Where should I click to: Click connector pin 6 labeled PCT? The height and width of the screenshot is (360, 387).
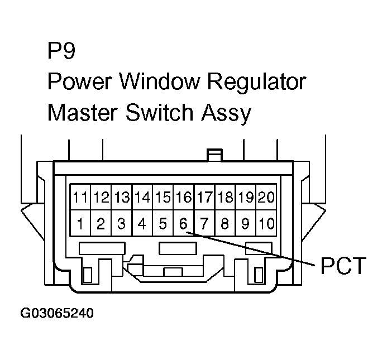tap(183, 224)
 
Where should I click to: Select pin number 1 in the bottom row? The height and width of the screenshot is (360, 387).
tap(80, 224)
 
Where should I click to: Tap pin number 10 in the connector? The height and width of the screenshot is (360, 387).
tap(267, 224)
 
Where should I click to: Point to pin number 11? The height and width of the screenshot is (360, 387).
tap(80, 197)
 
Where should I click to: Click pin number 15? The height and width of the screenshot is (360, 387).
tap(163, 197)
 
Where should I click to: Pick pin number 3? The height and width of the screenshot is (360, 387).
tap(121, 224)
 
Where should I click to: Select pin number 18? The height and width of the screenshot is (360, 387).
tap(225, 197)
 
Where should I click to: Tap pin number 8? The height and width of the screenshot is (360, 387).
tap(225, 224)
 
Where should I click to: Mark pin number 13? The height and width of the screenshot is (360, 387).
tap(121, 197)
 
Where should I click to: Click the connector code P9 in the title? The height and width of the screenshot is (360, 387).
tap(61, 52)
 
